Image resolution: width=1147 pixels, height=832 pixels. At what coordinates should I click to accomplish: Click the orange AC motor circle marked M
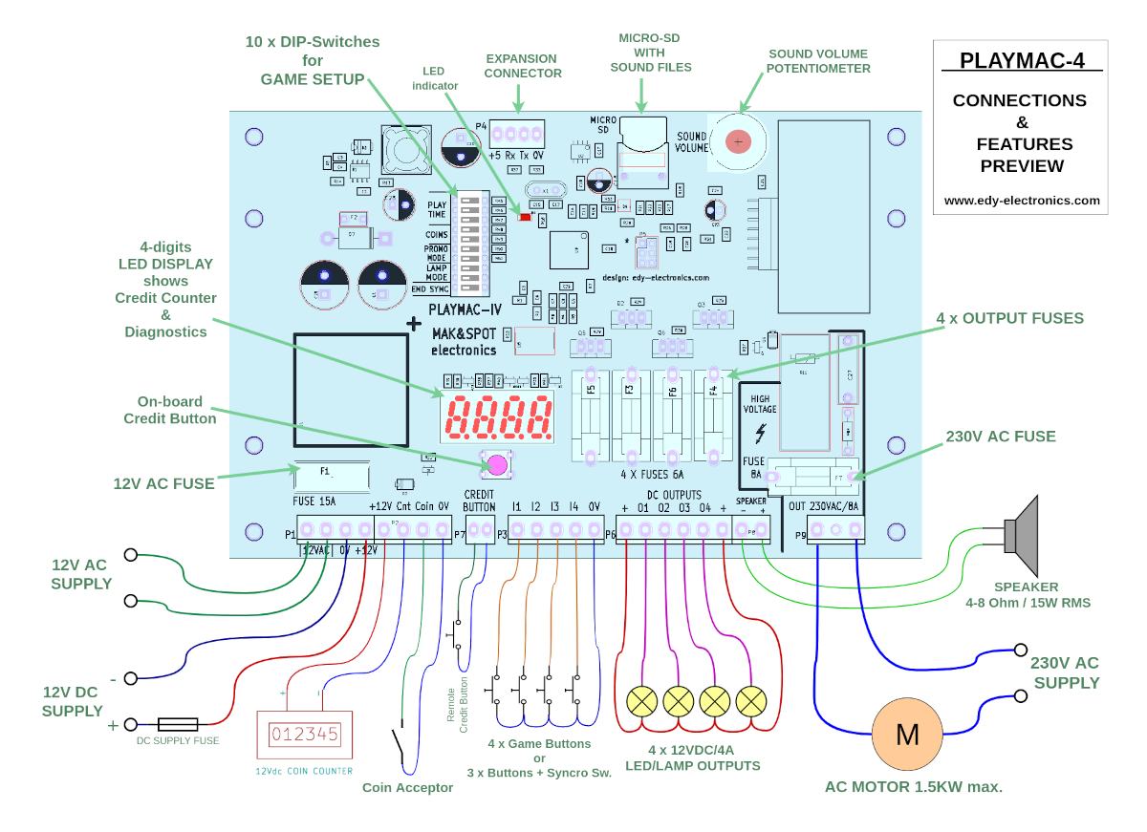[x=905, y=735]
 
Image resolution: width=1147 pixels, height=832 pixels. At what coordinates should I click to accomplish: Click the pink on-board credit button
[x=497, y=465]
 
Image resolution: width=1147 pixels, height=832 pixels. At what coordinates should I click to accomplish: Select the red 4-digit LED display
[x=499, y=416]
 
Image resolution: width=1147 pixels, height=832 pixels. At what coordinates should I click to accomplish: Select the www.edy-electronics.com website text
[x=1021, y=201]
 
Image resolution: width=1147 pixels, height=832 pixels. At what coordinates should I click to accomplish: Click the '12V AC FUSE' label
[x=162, y=483]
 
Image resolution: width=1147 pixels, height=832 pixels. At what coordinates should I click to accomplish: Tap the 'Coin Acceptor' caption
[x=407, y=788]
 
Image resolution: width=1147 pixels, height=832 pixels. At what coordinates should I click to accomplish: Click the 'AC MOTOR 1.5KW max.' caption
[x=913, y=788]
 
